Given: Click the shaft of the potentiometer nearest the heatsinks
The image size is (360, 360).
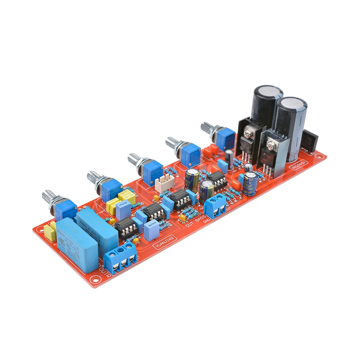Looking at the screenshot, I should click(x=207, y=129).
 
